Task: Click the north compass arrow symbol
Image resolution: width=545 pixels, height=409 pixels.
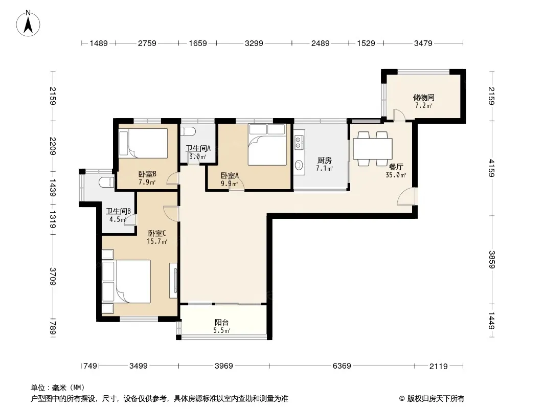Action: [28, 24]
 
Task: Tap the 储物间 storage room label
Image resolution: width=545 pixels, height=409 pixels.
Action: [423, 97]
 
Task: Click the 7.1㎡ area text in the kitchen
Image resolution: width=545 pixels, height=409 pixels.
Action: [324, 169]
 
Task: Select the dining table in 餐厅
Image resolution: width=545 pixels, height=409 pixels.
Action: [373, 149]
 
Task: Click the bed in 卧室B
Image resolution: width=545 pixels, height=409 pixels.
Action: [143, 143]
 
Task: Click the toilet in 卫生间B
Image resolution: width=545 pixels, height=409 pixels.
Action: [106, 182]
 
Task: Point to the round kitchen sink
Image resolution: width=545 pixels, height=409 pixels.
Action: [299, 165]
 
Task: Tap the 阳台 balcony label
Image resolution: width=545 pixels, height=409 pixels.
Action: [221, 322]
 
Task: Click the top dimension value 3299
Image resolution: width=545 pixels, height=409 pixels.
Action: [254, 43]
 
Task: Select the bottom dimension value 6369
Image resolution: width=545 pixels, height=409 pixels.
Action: [342, 366]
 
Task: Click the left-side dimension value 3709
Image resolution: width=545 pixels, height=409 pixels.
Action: [53, 276]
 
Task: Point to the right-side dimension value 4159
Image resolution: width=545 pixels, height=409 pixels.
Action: [491, 168]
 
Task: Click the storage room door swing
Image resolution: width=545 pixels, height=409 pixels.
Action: [399, 115]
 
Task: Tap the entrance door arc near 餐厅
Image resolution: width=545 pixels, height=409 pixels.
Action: [406, 196]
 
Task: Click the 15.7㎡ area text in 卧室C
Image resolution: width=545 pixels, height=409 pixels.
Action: [157, 241]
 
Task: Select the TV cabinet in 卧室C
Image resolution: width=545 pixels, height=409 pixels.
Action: [173, 281]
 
